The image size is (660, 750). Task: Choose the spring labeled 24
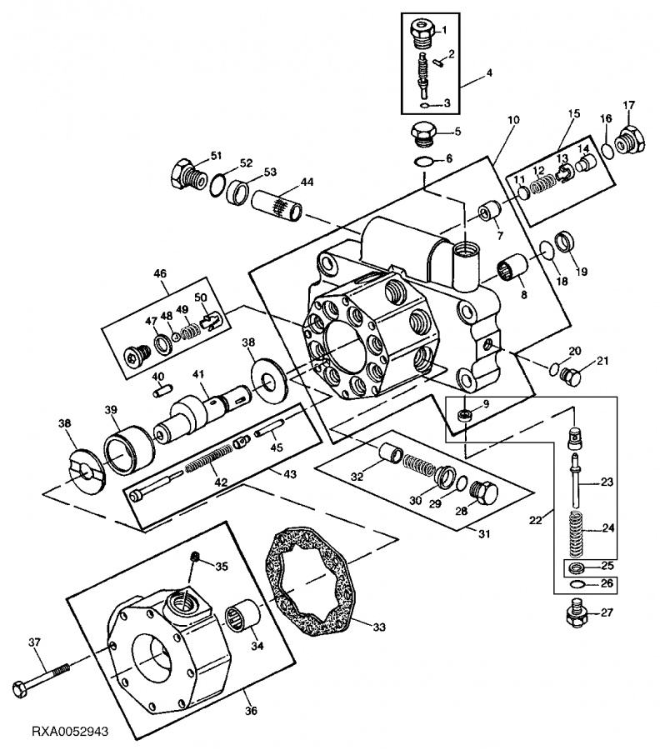(x=576, y=528)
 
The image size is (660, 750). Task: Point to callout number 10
(x=512, y=120)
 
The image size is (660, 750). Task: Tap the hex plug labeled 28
(x=483, y=492)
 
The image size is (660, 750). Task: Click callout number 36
(x=251, y=711)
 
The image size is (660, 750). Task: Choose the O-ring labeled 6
(x=422, y=161)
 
